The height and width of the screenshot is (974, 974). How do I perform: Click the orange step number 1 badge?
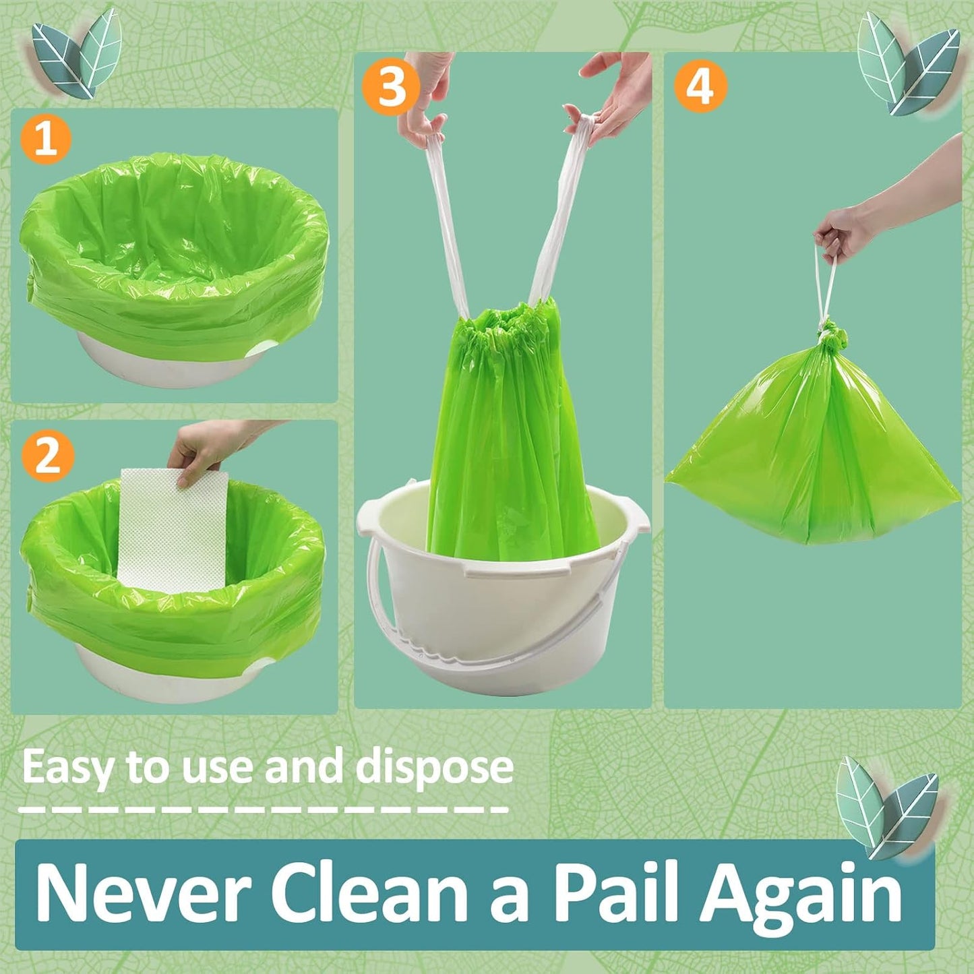[45, 139]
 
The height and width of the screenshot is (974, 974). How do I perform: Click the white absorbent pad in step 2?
[173, 532]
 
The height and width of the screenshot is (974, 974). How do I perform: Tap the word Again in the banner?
[802, 893]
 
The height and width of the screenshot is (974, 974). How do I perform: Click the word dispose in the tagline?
[434, 768]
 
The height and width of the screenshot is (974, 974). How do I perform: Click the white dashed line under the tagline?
[263, 809]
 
